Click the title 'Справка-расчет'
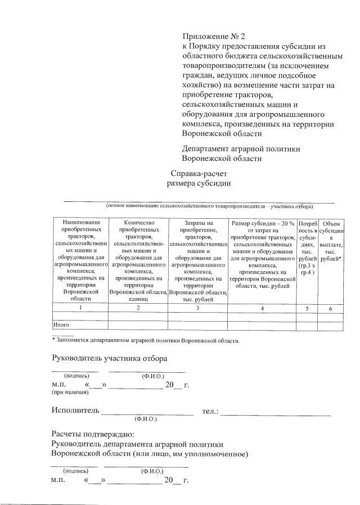(200, 173)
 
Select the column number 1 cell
(80, 309)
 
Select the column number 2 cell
(138, 309)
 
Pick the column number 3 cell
(197, 309)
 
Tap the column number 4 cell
(262, 309)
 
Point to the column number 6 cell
(331, 309)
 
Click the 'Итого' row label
(61, 325)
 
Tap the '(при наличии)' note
(67, 393)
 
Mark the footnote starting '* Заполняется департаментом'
(146, 340)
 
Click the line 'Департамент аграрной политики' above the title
(241, 149)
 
